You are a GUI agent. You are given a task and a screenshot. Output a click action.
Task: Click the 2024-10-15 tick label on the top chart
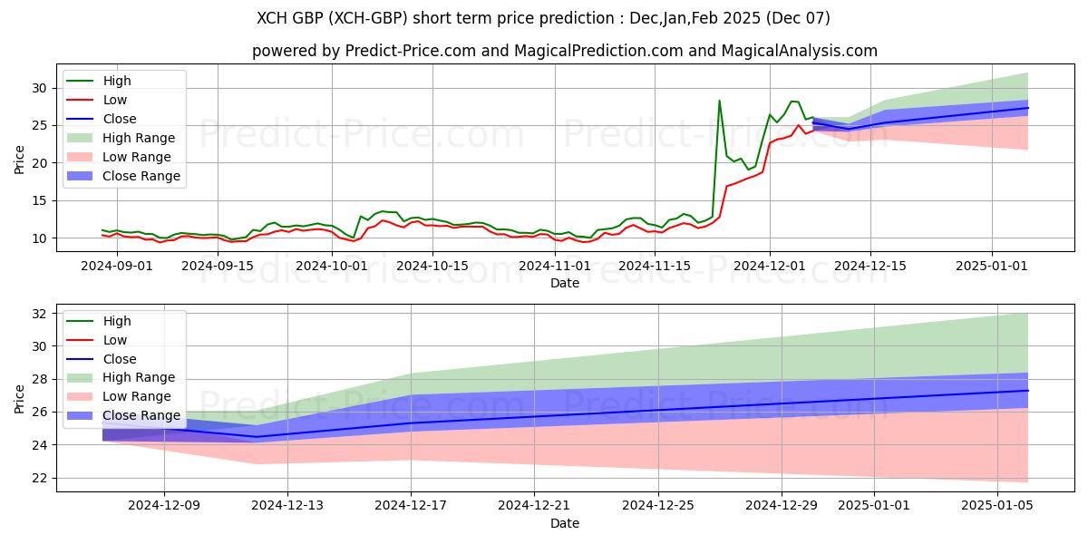coord(432,266)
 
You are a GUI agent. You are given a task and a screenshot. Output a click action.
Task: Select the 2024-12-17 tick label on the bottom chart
coord(411,506)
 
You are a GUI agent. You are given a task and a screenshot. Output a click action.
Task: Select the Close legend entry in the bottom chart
coord(119,359)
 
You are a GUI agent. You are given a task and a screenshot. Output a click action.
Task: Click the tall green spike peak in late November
coord(720,101)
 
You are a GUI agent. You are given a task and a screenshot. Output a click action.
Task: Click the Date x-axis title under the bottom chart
coord(564,523)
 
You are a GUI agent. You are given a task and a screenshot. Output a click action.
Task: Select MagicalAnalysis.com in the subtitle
coord(799,52)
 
